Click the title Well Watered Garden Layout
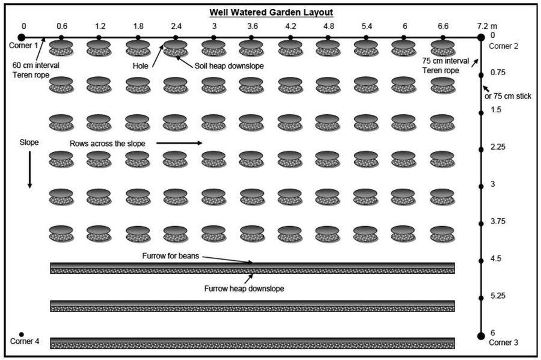point(271,13)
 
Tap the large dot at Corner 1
point(22,37)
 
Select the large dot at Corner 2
point(481,37)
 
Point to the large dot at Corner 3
point(481,336)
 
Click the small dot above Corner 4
point(22,335)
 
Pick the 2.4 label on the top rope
point(176,26)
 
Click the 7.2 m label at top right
point(487,26)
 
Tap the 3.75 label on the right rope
point(498,221)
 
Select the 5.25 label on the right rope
point(498,296)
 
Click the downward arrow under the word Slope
point(29,169)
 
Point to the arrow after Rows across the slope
point(179,143)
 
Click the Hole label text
point(141,66)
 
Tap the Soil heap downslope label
point(229,66)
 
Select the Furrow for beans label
point(171,256)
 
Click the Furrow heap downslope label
point(244,288)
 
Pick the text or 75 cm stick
point(508,96)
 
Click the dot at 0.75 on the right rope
point(481,75)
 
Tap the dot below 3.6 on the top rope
point(251,37)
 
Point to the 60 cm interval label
point(36,65)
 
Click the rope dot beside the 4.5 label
point(481,261)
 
